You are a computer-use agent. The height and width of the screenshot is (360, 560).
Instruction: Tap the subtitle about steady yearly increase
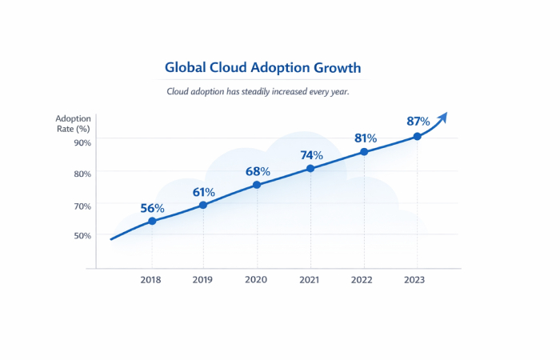[x=258, y=91]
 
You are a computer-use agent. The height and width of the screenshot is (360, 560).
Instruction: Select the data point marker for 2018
[x=152, y=221]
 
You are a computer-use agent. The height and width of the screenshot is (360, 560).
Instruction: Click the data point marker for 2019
[x=203, y=205]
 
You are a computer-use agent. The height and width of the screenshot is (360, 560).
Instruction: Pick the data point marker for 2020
[x=257, y=185]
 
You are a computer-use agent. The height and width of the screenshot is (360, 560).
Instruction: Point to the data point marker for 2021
[x=310, y=168]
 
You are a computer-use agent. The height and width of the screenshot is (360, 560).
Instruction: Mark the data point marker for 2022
[x=364, y=151]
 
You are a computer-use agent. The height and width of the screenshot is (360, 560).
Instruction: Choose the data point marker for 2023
[x=417, y=136]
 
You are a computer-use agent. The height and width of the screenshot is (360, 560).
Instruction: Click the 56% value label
[x=152, y=208]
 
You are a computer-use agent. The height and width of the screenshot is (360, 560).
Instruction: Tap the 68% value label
[x=258, y=171]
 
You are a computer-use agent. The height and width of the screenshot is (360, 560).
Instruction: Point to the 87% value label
[x=418, y=122]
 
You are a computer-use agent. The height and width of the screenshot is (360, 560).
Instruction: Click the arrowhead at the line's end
[x=442, y=118]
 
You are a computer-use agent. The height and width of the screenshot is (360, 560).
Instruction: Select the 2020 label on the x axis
[x=257, y=280]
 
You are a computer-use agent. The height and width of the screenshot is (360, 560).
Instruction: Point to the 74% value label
[x=311, y=155]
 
